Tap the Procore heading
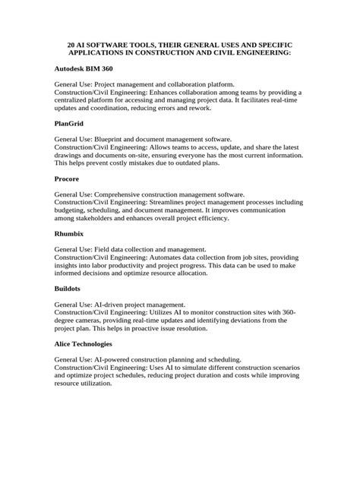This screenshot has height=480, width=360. click(67, 178)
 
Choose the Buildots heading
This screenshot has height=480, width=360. click(70, 289)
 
